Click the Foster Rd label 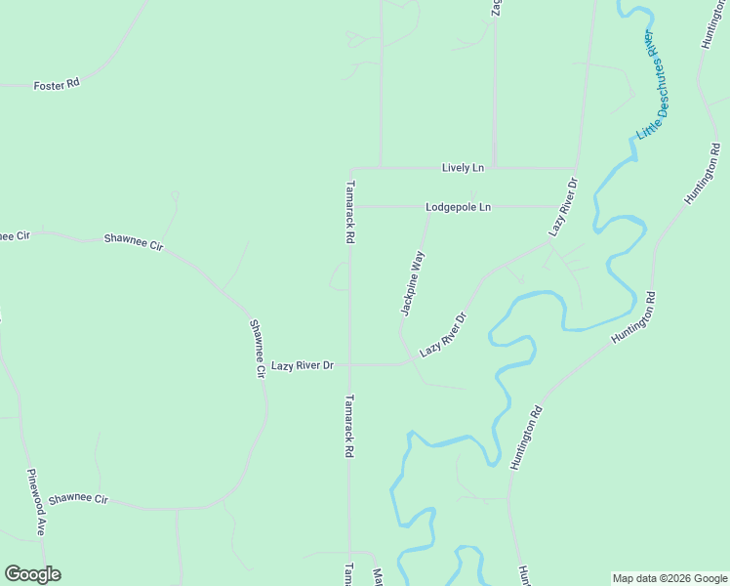56,85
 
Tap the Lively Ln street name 463,168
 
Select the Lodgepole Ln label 458,207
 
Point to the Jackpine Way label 413,283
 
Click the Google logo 32,574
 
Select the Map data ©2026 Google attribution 669,578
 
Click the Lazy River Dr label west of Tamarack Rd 303,365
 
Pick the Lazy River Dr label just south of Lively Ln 563,207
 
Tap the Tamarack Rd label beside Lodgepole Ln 349,212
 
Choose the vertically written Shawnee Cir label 258,349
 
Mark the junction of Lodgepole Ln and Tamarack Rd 351,207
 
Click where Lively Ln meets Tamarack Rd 351,168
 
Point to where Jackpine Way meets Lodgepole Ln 429,207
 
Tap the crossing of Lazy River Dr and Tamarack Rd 351,365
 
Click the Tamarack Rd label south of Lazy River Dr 348,427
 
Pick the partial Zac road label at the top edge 496,8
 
